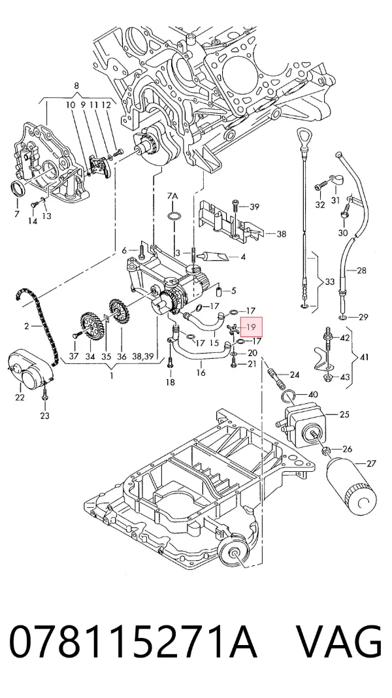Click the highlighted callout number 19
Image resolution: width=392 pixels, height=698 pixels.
pyautogui.click(x=251, y=327)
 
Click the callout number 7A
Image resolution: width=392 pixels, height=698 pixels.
pyautogui.click(x=172, y=196)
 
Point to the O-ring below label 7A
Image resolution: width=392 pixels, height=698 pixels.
pyautogui.click(x=174, y=217)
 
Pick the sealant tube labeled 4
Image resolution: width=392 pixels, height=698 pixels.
pyautogui.click(x=216, y=256)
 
